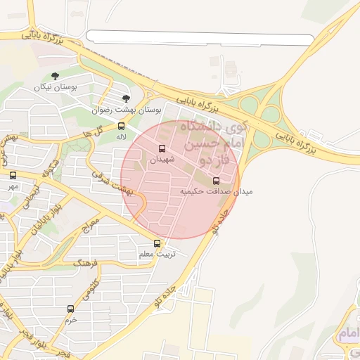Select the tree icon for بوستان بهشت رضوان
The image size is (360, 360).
(126, 99)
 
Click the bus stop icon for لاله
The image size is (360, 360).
(122, 127)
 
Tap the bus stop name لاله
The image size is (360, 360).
(122, 138)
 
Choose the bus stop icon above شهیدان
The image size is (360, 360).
(162, 148)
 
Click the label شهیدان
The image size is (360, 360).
(162, 160)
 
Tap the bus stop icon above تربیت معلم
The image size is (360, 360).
(157, 244)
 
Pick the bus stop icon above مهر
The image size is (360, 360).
(13, 175)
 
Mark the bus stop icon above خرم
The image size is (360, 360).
(70, 309)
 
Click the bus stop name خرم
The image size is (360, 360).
(70, 319)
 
